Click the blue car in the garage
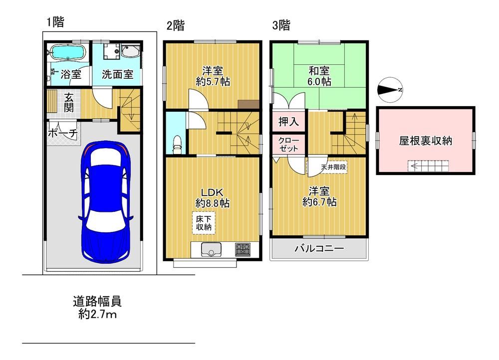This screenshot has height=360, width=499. tap(106, 201)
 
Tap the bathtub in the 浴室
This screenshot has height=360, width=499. tap(67, 52)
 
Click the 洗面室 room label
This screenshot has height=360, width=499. tap(117, 74)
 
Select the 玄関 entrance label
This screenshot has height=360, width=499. tap(69, 102)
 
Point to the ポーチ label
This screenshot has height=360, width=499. tap(63, 133)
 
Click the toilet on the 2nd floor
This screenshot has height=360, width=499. tap(177, 144)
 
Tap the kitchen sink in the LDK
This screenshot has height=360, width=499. tap(211, 249)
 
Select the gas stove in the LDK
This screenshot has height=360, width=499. tap(243, 249)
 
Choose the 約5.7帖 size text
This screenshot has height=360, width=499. tap(213, 82)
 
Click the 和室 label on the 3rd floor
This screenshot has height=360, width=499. tap(318, 70)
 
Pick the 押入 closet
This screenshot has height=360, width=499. tap(288, 121)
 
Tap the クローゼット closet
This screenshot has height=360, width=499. tap(288, 144)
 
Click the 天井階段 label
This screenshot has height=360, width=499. tap(333, 167)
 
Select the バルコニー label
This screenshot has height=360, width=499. tap(319, 248)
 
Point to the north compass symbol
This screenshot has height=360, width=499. tap(390, 90)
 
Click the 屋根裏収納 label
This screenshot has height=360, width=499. tap(426, 140)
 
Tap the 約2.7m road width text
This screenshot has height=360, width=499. tap(97, 315)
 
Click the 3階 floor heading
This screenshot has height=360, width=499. tap(281, 25)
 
